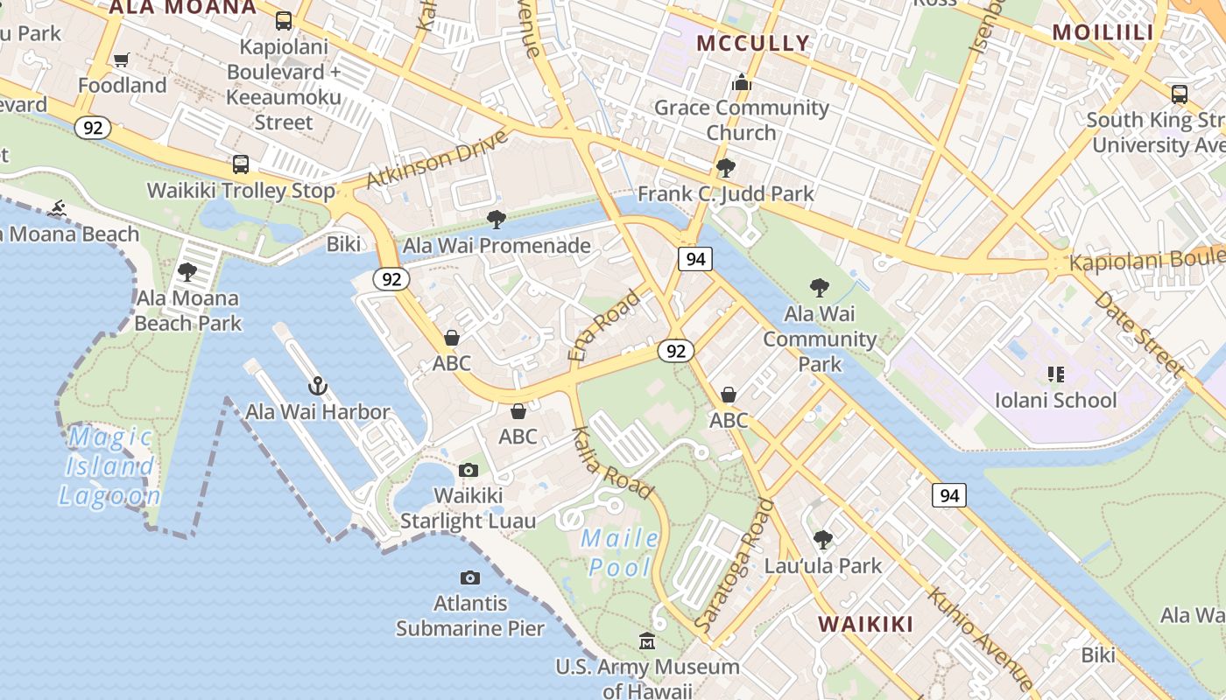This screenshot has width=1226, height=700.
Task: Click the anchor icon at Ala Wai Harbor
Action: tap(317, 386)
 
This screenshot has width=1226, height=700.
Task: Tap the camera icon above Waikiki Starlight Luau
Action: tap(469, 471)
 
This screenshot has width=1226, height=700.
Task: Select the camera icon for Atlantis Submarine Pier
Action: tap(470, 577)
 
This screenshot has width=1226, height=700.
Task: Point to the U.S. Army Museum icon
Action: tap(647, 641)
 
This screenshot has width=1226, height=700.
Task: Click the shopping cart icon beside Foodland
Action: tap(122, 59)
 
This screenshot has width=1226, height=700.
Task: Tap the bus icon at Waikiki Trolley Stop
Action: tap(241, 164)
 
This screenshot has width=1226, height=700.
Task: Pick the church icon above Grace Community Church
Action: tap(742, 82)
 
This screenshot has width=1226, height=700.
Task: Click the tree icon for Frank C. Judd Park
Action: tap(725, 167)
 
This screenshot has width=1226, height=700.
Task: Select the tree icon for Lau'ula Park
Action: tap(822, 539)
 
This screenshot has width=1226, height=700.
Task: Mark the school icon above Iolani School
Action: tap(1055, 374)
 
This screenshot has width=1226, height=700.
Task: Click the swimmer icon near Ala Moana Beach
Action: tap(58, 208)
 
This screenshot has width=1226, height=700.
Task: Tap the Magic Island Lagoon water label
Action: tap(110, 466)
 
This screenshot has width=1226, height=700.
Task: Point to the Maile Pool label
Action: tap(620, 552)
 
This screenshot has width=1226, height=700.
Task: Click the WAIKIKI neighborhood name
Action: tap(865, 624)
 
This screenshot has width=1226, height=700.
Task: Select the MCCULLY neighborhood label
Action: tap(753, 43)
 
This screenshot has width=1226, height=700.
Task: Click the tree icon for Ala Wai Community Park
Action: tap(820, 287)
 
